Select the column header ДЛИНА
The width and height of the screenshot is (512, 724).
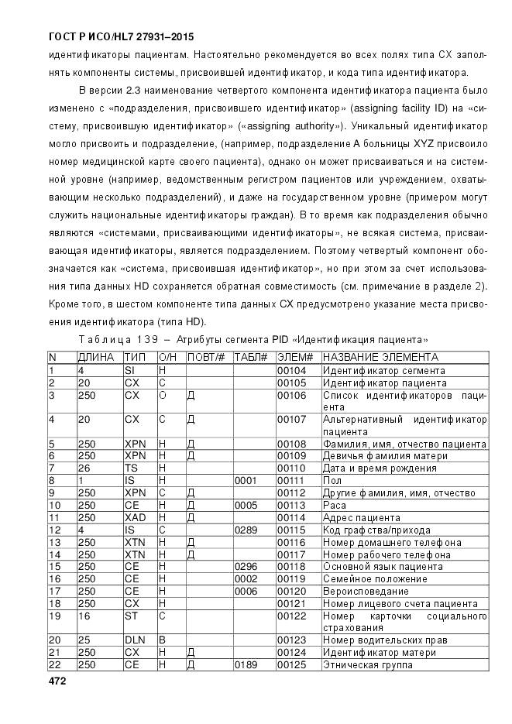tap(96, 357)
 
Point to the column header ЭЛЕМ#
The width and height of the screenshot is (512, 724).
tap(295, 357)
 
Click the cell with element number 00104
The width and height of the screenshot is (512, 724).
tap(291, 370)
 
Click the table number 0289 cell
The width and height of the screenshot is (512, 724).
tap(246, 530)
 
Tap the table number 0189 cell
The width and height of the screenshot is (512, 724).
tap(246, 665)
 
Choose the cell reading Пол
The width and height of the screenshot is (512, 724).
tap(331, 481)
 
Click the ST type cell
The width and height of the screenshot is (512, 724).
tap(131, 616)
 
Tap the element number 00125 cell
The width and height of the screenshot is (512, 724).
tap(291, 665)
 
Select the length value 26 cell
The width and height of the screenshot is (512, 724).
tap(84, 468)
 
